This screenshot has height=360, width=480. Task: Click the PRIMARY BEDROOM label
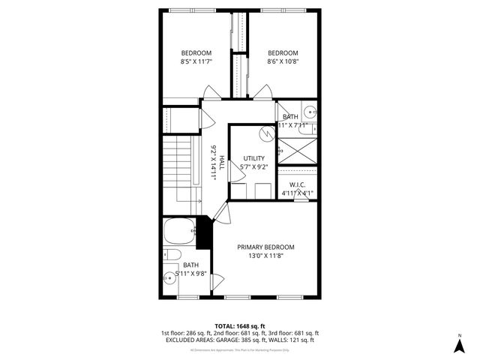265,247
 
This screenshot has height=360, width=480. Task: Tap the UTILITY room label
254,158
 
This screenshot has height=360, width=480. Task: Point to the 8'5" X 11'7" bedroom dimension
196,61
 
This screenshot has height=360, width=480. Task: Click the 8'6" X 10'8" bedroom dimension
283,61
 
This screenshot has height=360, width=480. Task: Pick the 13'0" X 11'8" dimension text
265,256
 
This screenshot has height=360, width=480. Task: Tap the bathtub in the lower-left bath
178,233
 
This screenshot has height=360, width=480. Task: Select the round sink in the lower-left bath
170,280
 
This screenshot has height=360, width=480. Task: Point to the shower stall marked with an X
298,151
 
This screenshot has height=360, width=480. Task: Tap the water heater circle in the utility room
265,134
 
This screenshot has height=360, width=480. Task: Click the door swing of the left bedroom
211,93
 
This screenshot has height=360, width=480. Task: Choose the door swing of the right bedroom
262,92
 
